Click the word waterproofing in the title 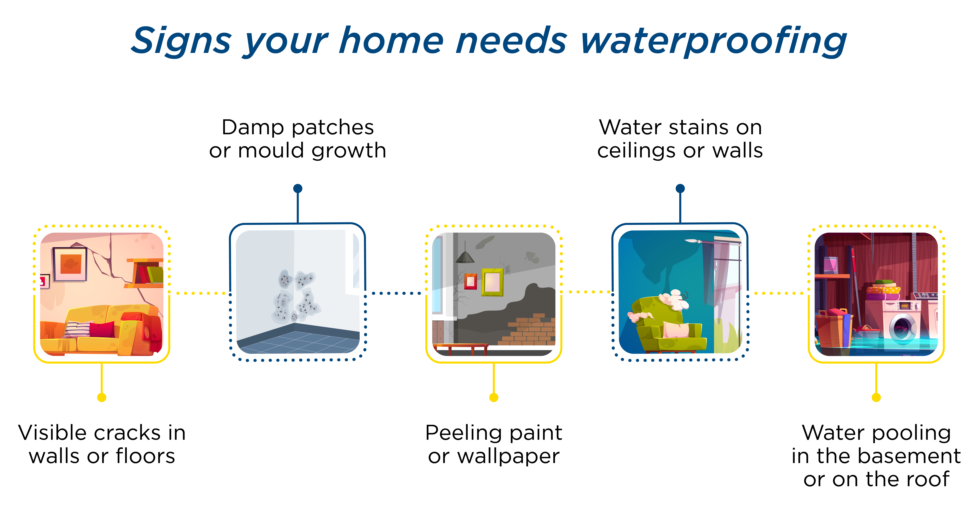pos(714,41)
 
